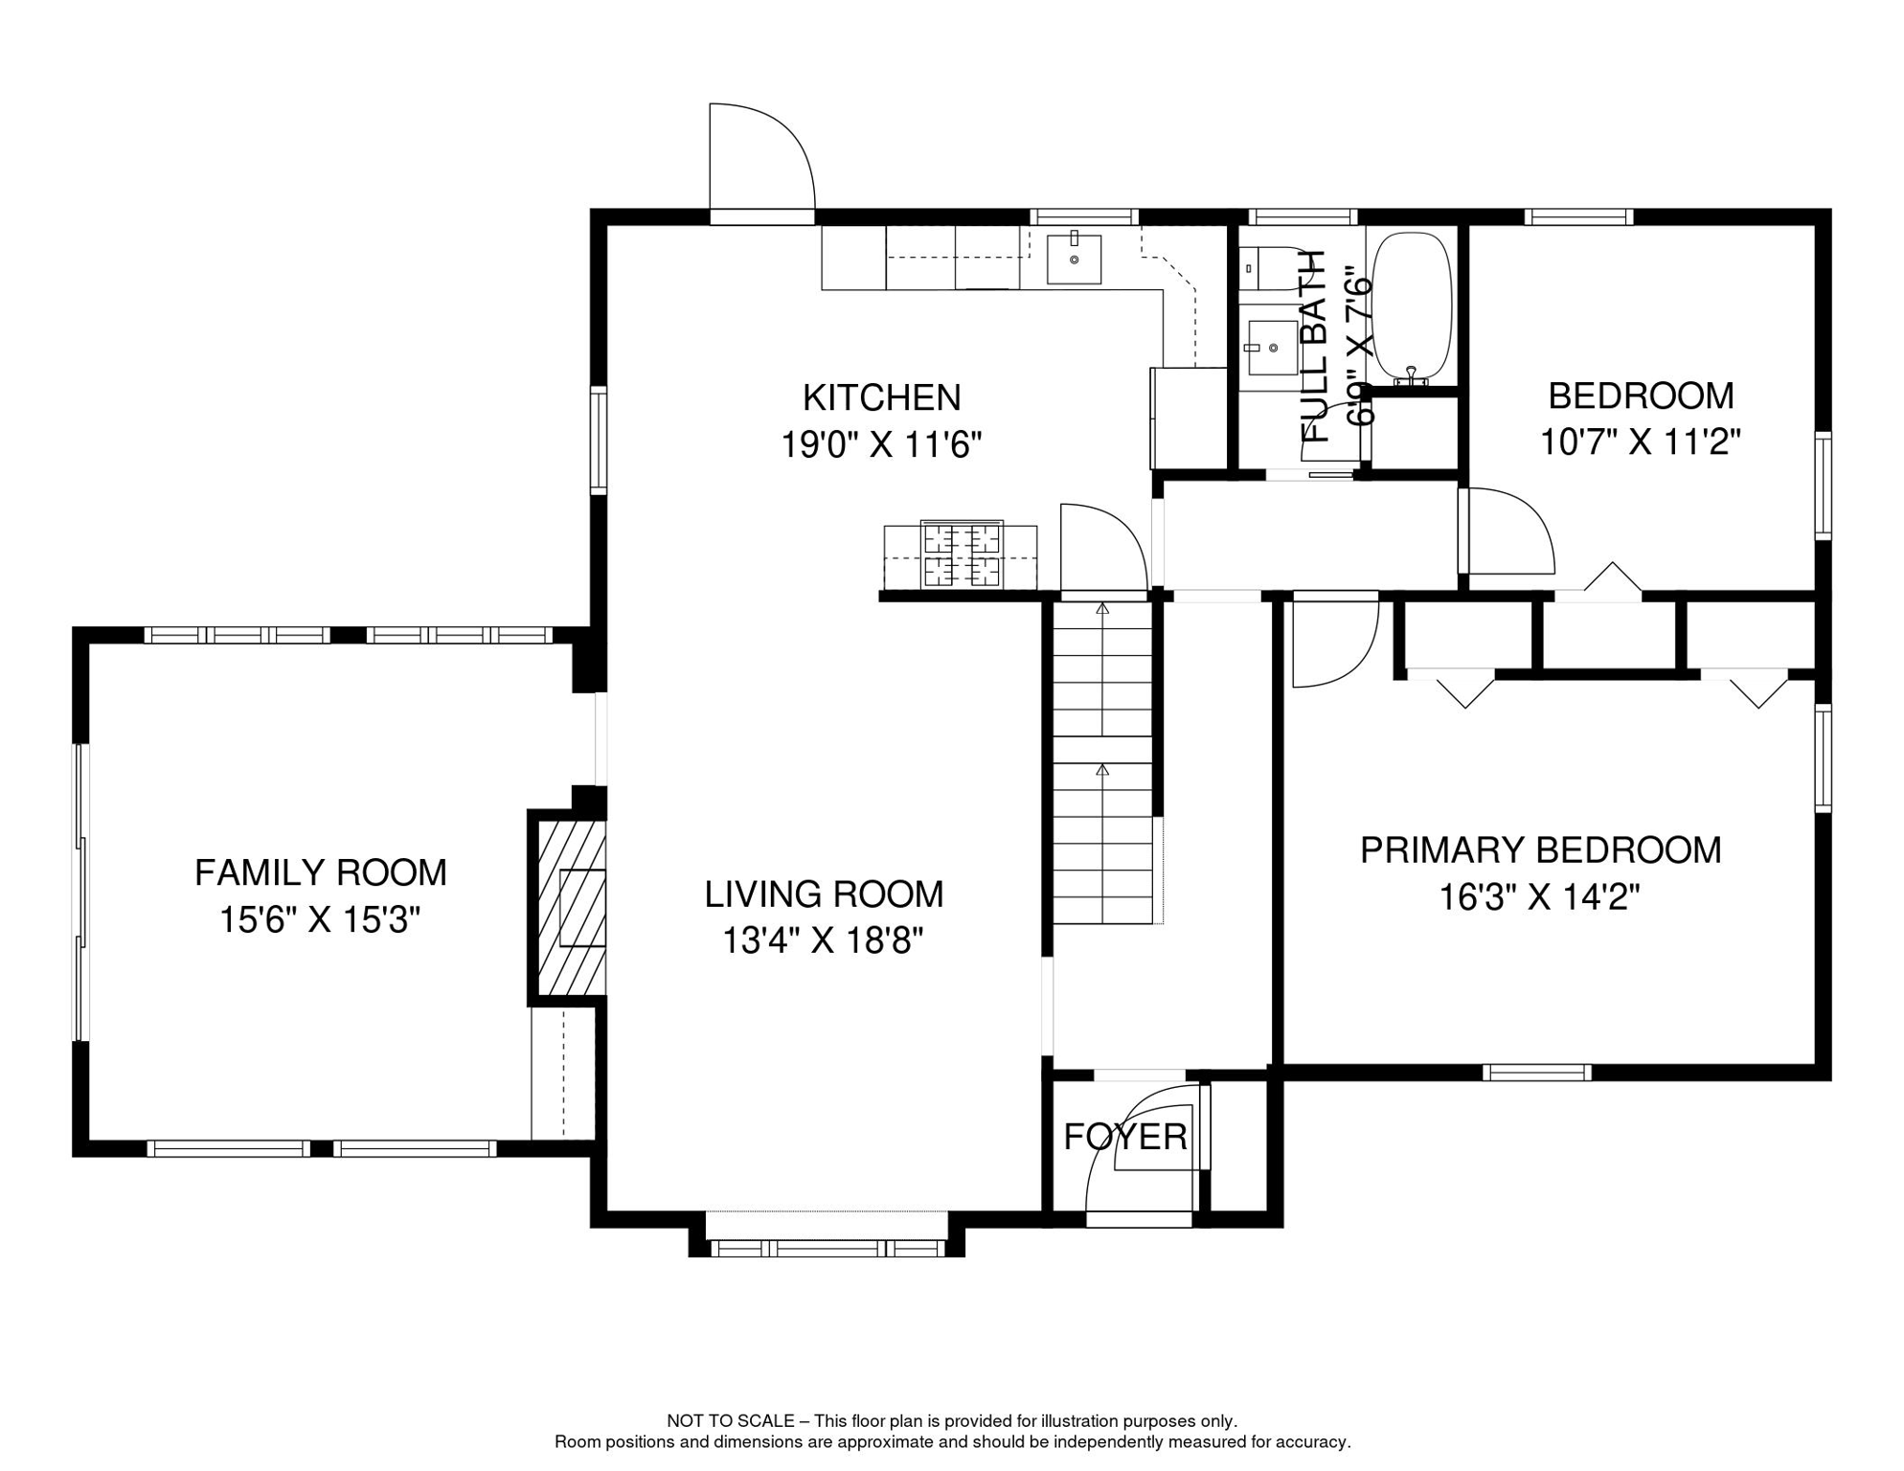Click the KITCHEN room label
coord(881,397)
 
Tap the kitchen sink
coord(1074,259)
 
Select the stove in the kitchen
coord(961,554)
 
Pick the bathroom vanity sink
coord(1273,347)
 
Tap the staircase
coord(1102,761)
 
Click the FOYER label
coord(1125,1137)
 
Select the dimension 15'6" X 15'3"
coord(320,920)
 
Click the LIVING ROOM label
coord(824,894)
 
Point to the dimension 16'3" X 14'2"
coord(1540,897)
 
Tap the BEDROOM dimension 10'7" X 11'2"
coord(1641,442)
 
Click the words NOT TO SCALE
coord(731,1421)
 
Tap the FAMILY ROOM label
coord(321,873)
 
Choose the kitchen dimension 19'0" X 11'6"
coord(881,445)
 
